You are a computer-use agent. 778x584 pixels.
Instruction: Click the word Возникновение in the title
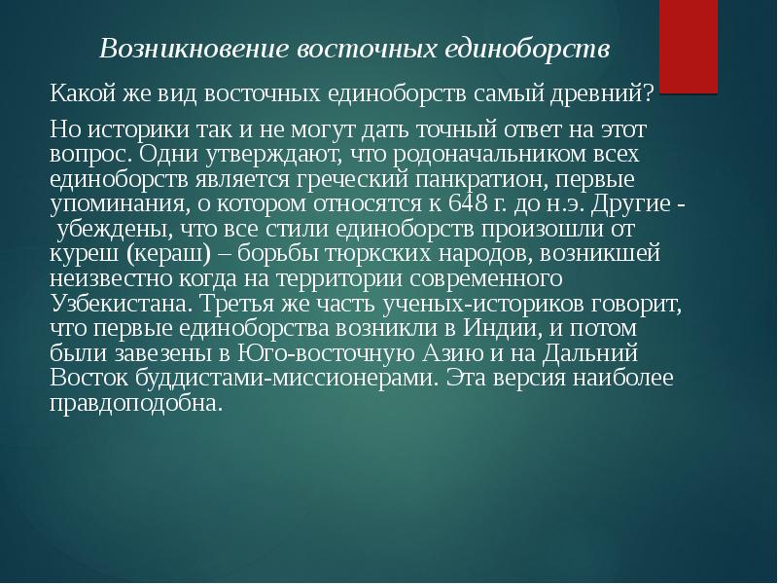(x=194, y=49)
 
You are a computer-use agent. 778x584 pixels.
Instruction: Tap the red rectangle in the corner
(x=689, y=46)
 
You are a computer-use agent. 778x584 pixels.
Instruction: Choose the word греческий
(x=352, y=180)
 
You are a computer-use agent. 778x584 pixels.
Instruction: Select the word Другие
(x=630, y=204)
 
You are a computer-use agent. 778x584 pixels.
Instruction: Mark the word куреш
(x=85, y=254)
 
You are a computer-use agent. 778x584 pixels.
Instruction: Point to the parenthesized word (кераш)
(x=168, y=254)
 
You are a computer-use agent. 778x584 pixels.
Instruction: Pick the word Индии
(x=500, y=328)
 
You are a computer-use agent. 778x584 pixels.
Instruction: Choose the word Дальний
(x=590, y=353)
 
